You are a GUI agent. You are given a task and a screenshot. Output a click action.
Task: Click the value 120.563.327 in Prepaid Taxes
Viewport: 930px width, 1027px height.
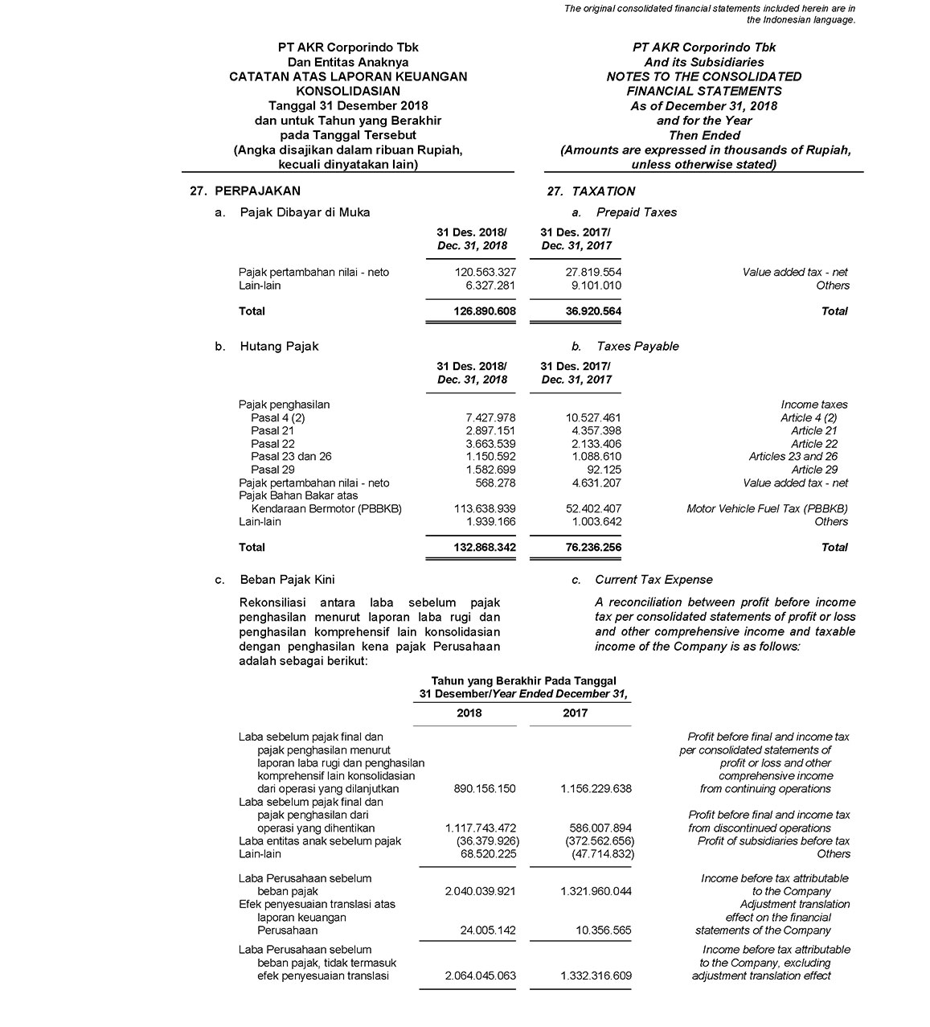click(485, 273)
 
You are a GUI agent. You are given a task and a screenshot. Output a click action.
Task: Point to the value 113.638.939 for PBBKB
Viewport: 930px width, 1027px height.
click(485, 509)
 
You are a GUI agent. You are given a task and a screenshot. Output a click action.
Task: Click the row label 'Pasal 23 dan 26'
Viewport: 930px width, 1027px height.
click(291, 457)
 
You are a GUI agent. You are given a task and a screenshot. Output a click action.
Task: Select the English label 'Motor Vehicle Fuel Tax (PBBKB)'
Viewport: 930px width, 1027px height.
click(767, 509)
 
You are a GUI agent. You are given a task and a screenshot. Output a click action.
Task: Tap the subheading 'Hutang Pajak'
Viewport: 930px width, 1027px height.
click(279, 347)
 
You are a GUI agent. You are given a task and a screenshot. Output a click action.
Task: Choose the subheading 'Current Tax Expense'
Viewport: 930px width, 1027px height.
click(653, 580)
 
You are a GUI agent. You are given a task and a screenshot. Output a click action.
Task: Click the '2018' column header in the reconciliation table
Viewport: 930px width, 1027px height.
click(469, 713)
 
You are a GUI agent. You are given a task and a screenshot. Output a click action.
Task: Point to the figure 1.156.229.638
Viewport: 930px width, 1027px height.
click(596, 789)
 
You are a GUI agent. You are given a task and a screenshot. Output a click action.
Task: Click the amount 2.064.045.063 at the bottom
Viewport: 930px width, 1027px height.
click(480, 976)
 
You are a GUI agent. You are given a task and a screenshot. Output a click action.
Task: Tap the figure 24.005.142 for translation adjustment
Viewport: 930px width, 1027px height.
click(485, 930)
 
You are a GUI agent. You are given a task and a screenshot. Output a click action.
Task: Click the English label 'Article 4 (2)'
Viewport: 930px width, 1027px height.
click(809, 418)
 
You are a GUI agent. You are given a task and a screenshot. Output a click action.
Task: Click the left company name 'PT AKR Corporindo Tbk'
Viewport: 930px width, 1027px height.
click(348, 47)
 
